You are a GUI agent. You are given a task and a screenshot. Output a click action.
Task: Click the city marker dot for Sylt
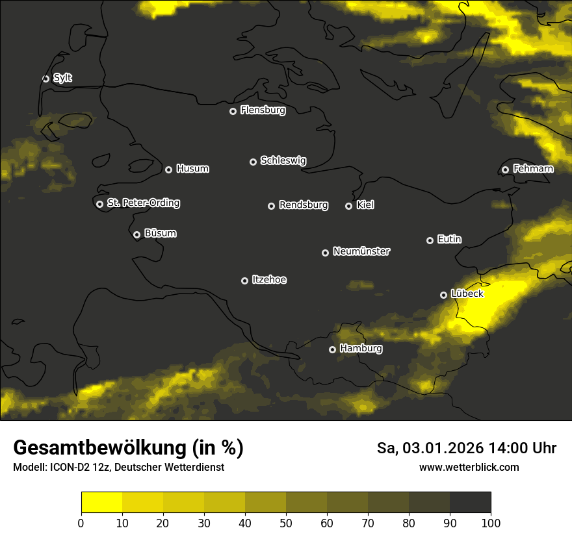[45, 79]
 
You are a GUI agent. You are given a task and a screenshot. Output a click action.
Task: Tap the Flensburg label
[263, 110]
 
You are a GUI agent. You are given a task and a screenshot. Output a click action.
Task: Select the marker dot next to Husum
[168, 169]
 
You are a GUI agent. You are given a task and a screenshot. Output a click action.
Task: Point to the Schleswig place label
[283, 160]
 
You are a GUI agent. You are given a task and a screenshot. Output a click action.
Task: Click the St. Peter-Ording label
[143, 203]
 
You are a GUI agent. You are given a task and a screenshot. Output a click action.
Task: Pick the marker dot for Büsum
[136, 235]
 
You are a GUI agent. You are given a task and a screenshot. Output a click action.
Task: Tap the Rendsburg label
[303, 205]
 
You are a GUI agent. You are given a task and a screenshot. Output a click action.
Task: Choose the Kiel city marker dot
[348, 206]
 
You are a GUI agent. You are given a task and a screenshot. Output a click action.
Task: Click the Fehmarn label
[533, 169]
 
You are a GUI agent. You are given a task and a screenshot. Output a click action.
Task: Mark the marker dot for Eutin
[430, 240]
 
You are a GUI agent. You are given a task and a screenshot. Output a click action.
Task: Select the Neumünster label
[361, 251]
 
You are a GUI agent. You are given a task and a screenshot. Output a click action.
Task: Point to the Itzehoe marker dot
[244, 281]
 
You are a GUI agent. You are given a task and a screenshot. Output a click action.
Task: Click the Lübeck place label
[467, 294]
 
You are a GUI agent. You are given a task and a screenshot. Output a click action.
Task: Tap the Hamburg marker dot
[332, 349]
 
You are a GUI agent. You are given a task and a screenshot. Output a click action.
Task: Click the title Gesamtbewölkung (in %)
[128, 448]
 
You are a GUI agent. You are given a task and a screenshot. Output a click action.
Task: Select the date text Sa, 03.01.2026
[430, 448]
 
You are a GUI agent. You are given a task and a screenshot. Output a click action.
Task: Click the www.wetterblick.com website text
[469, 467]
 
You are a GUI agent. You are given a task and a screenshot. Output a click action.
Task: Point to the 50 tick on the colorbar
[286, 523]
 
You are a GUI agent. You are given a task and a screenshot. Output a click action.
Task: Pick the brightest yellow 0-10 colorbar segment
[101, 503]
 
